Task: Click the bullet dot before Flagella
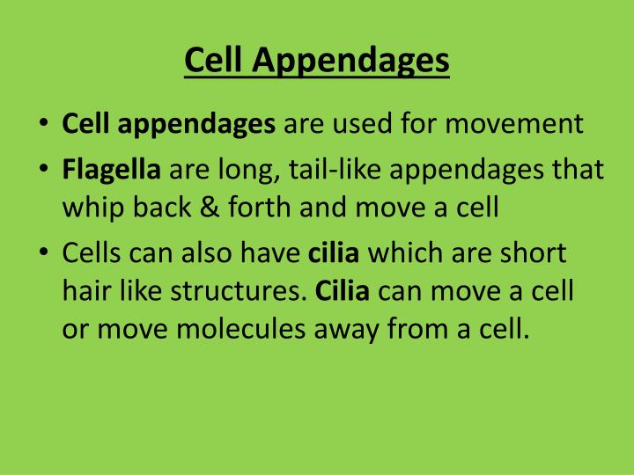44,170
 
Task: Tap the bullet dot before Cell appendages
44,124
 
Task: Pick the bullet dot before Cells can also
44,253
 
